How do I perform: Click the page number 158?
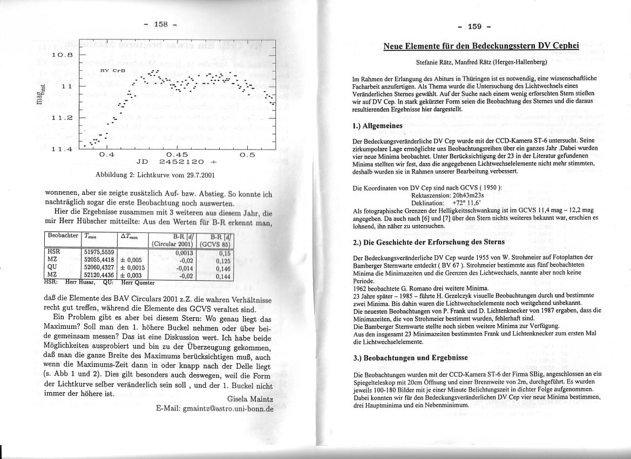[x=161, y=24]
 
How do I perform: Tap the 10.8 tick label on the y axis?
[x=62, y=55]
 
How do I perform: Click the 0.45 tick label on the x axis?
[x=177, y=154]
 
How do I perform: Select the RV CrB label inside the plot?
[x=113, y=71]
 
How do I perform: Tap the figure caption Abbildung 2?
[x=155, y=175]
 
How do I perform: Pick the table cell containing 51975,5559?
[x=99, y=252]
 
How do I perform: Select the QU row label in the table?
[x=52, y=267]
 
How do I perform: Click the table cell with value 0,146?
[x=223, y=268]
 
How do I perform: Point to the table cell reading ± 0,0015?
[x=132, y=267]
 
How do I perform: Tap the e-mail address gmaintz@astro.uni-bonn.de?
[x=215, y=408]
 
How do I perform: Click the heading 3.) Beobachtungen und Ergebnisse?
[x=410, y=357]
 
